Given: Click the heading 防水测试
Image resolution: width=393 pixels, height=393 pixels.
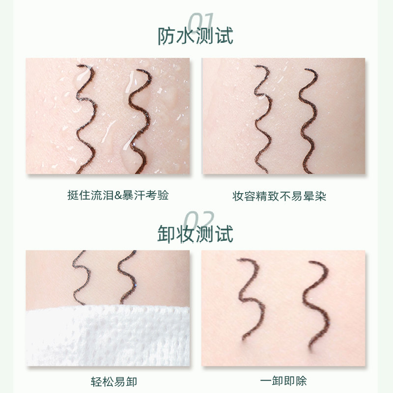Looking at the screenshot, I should click(x=196, y=36).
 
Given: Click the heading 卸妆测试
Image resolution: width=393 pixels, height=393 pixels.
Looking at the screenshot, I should click(x=196, y=234).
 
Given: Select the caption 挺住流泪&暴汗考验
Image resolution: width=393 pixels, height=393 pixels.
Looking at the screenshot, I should click(x=117, y=196).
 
